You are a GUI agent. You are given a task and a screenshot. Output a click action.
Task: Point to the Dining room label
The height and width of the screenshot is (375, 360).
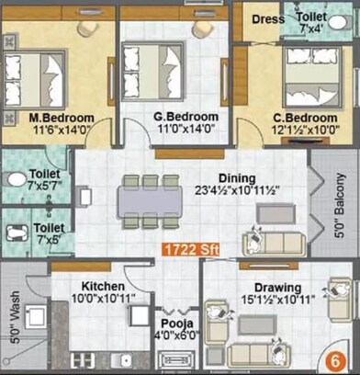pos(237,178)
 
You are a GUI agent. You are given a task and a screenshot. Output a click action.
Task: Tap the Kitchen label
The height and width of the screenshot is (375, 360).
pos(102,286)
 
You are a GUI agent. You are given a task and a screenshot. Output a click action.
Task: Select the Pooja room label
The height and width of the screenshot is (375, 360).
pos(173,324)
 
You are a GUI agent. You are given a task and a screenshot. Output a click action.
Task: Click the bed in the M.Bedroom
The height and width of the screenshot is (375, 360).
pos(39,77)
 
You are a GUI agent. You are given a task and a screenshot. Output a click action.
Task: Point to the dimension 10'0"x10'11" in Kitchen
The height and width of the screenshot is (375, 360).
pos(103,299)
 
